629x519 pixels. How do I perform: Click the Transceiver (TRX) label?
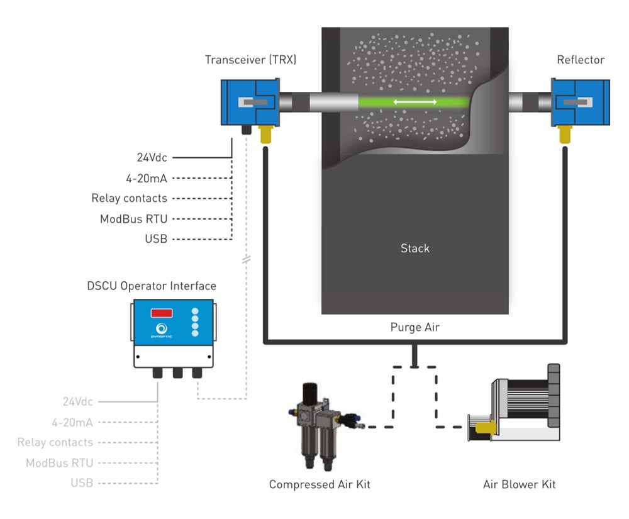(250, 60)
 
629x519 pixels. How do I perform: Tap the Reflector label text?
(580, 60)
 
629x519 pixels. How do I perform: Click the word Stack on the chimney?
(415, 248)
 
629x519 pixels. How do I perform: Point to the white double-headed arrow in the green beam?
(415, 102)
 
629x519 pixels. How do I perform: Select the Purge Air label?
(415, 327)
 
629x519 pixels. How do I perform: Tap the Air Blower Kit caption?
(519, 484)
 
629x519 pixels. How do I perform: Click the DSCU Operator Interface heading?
(151, 286)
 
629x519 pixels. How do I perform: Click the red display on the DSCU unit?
(162, 313)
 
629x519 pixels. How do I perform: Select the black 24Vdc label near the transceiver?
(152, 158)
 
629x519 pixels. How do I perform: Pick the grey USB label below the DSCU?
(82, 483)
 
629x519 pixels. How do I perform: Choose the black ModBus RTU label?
(133, 219)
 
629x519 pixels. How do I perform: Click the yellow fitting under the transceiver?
(265, 132)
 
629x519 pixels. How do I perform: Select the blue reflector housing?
(580, 102)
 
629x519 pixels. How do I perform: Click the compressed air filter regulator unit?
(314, 421)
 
